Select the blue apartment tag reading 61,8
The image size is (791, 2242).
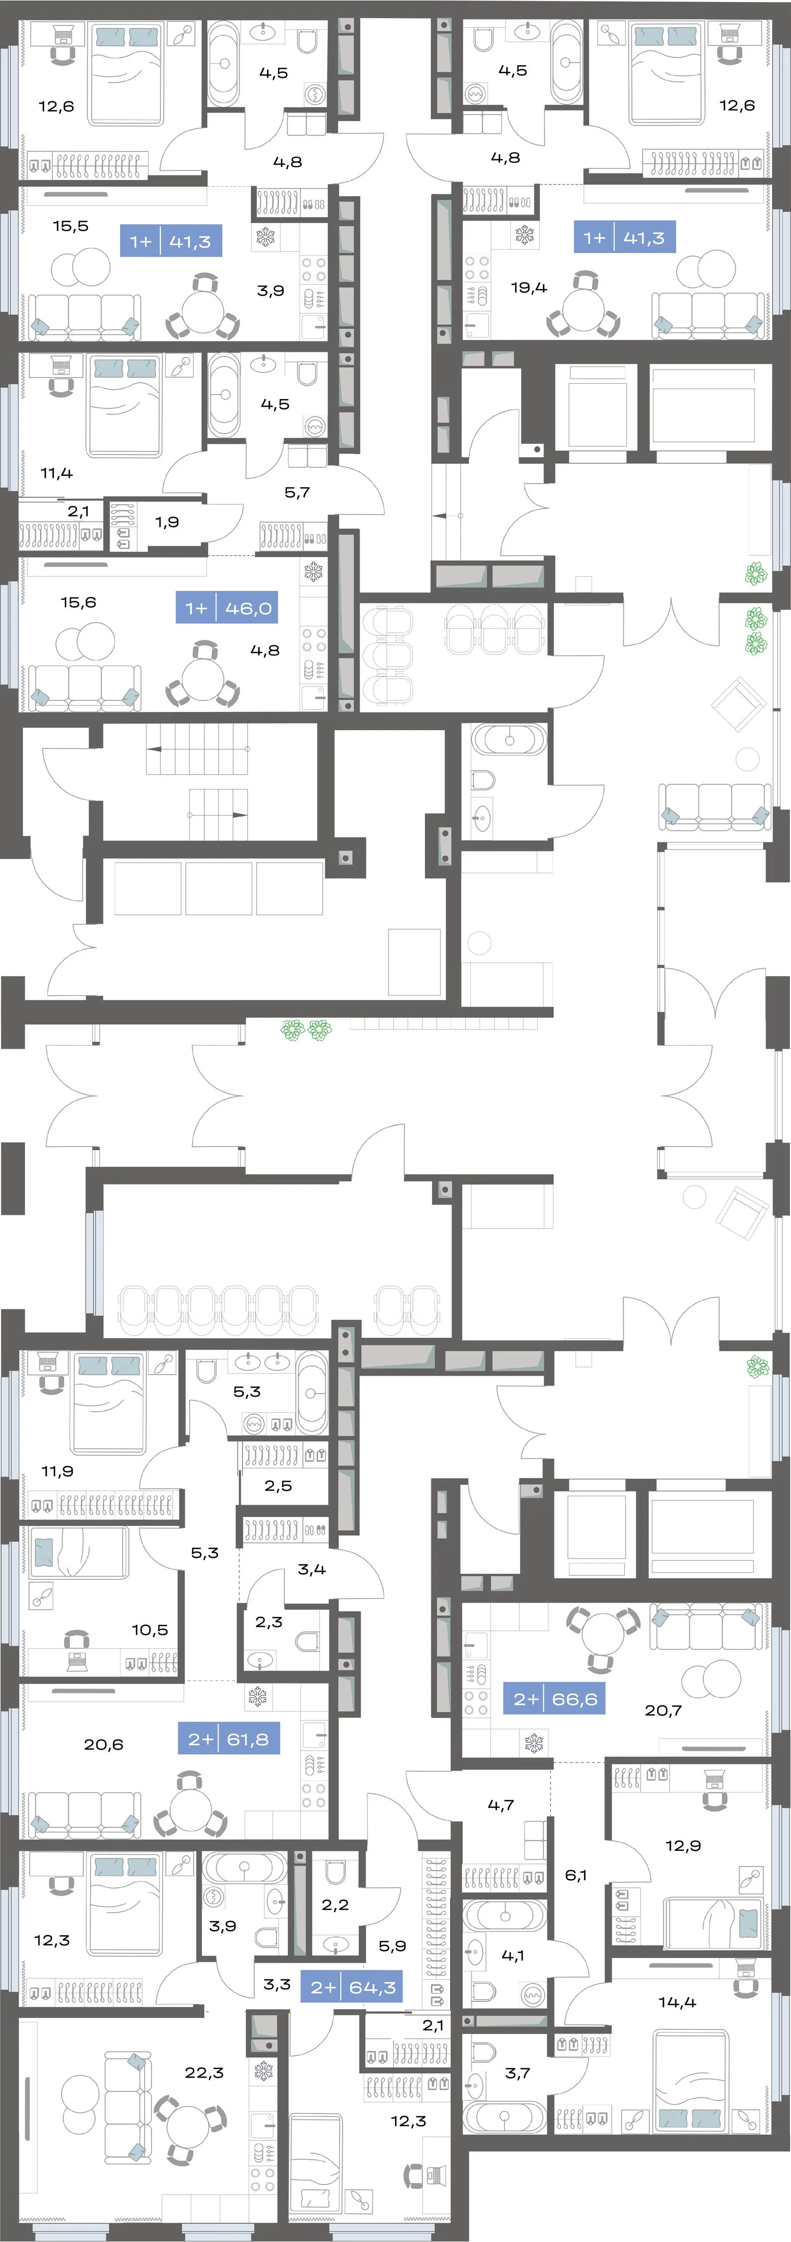tap(229, 1739)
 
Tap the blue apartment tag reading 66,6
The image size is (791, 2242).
tap(554, 1698)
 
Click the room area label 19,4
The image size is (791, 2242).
tap(529, 287)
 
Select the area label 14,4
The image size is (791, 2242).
tap(677, 2002)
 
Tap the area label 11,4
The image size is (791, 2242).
tap(57, 473)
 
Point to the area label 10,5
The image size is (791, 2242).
tap(149, 1629)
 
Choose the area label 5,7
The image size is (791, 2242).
tap(297, 493)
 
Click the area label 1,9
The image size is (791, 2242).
tap(167, 522)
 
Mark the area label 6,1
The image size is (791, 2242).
tap(576, 1875)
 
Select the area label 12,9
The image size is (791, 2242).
tap(683, 1845)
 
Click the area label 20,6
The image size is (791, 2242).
tap(104, 1744)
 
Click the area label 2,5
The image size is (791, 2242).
tap(278, 1486)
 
